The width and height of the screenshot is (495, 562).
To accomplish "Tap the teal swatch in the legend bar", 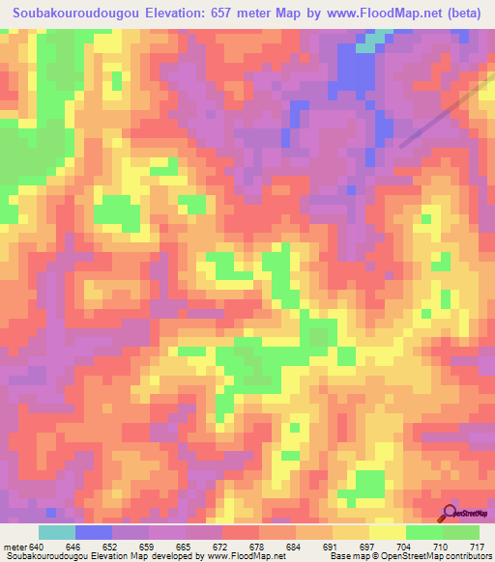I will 57,533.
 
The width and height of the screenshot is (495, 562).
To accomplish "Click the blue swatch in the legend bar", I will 94,533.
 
